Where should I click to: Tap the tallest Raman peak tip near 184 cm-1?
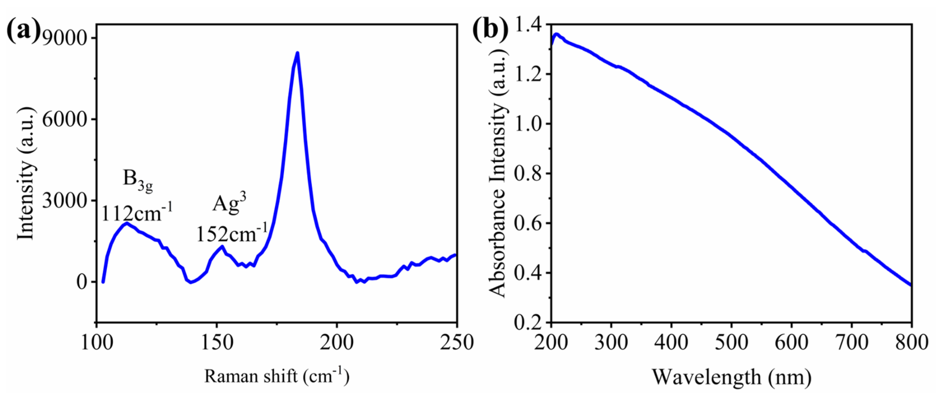point(298,53)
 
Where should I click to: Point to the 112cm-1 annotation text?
point(136,213)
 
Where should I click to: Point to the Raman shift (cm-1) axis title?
point(276,376)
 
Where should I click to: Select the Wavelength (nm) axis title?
point(732,377)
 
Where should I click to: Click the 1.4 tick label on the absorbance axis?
point(528,25)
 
